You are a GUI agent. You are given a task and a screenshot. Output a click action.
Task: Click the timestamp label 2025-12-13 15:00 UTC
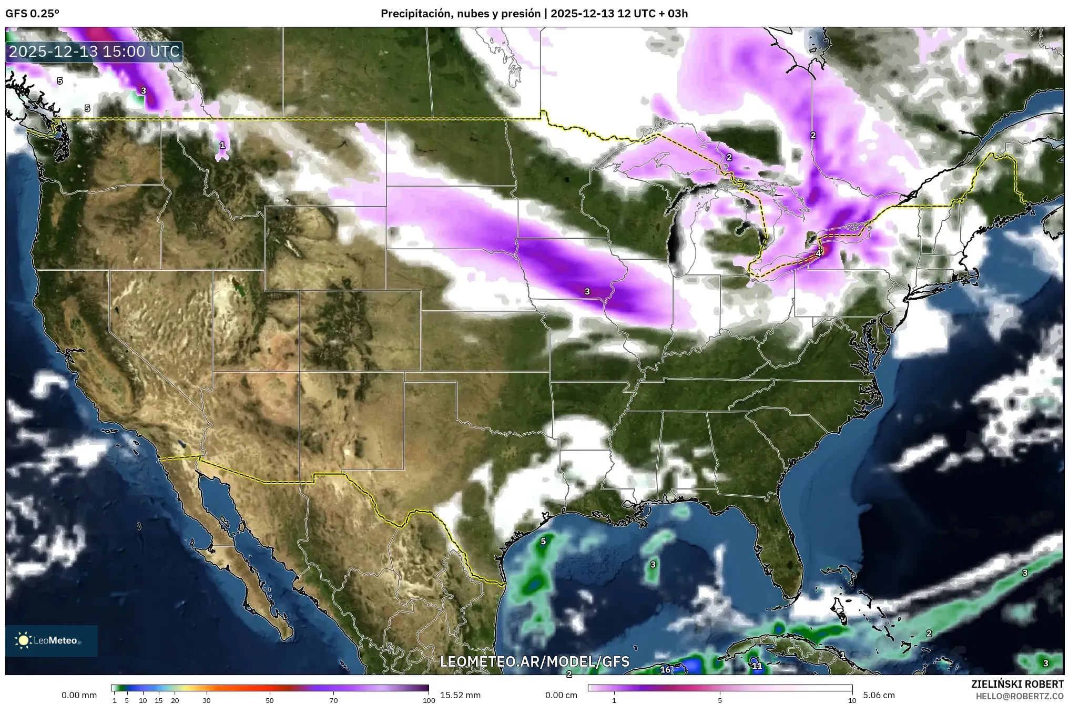click(94, 52)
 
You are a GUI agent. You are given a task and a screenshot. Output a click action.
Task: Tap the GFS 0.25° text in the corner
click(33, 14)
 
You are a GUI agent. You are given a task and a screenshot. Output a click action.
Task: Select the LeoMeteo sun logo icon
click(23, 640)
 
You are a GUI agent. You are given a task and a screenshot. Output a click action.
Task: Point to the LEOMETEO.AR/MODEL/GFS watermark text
click(534, 661)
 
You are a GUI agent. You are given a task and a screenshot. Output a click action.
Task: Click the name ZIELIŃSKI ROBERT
click(1017, 684)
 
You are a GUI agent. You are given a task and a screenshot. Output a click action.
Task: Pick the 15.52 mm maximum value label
click(460, 695)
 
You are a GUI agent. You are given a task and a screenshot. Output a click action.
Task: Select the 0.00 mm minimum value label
click(79, 695)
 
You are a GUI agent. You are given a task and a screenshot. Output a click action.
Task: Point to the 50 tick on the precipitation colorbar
click(270, 700)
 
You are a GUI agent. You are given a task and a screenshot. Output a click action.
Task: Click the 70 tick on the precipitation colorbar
click(333, 700)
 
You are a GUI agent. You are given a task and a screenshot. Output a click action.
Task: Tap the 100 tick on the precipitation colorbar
click(429, 700)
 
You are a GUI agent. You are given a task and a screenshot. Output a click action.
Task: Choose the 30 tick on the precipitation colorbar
click(207, 700)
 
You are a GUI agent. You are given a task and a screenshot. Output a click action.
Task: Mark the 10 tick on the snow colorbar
click(852, 700)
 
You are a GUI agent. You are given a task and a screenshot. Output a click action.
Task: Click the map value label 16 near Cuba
click(665, 669)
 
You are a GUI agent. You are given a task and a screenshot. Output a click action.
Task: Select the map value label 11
click(757, 666)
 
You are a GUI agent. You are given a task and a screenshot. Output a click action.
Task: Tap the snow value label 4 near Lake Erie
click(818, 253)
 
